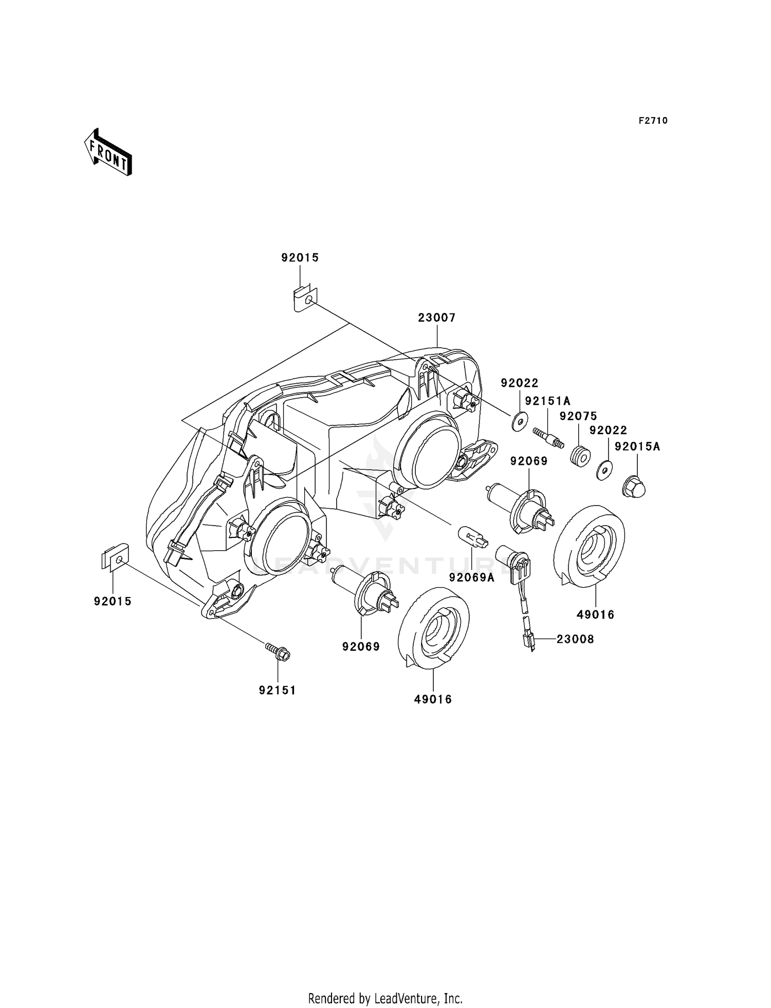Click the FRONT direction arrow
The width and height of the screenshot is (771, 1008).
(108, 153)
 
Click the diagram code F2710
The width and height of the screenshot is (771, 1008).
(653, 121)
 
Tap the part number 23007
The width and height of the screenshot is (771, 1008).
(436, 318)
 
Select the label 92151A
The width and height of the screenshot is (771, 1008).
(547, 401)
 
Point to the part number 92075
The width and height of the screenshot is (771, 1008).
(578, 416)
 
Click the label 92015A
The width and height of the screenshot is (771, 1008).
(637, 447)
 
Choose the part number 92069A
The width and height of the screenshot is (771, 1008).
(472, 577)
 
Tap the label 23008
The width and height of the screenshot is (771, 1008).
(575, 639)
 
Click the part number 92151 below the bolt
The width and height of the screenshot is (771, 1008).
(278, 690)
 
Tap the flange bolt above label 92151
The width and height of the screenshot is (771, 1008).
(278, 652)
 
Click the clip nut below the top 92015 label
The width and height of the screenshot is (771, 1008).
(305, 300)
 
